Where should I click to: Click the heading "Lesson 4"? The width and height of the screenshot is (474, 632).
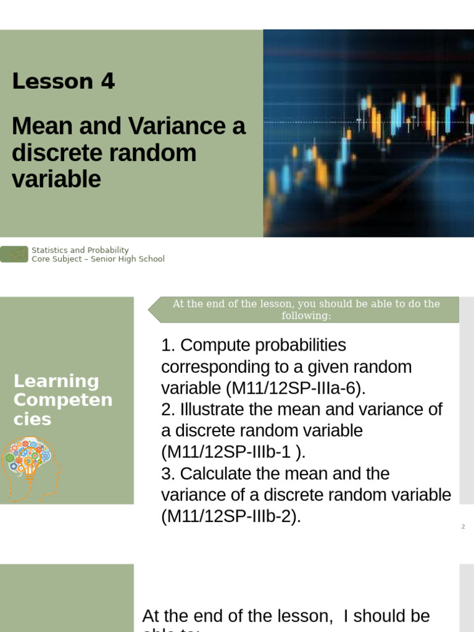64,81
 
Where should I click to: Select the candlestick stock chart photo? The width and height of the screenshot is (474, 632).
368,133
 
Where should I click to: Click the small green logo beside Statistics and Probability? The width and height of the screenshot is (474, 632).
14,254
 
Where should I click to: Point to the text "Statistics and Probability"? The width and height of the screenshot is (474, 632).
80,250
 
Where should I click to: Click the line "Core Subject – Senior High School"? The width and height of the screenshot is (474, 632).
98,259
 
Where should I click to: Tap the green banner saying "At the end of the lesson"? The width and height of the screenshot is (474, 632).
306,310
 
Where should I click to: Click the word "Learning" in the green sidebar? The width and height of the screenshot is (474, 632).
56,381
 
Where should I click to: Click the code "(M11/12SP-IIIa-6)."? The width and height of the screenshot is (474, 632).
296,388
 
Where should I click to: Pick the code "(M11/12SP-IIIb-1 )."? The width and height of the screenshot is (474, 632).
233,452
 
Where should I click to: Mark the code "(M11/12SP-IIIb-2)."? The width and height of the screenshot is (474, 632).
231,517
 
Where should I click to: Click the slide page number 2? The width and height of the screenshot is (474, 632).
463,526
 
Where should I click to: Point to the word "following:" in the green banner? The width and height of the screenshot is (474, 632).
306,316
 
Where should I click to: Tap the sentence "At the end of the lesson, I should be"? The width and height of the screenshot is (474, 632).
286,616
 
